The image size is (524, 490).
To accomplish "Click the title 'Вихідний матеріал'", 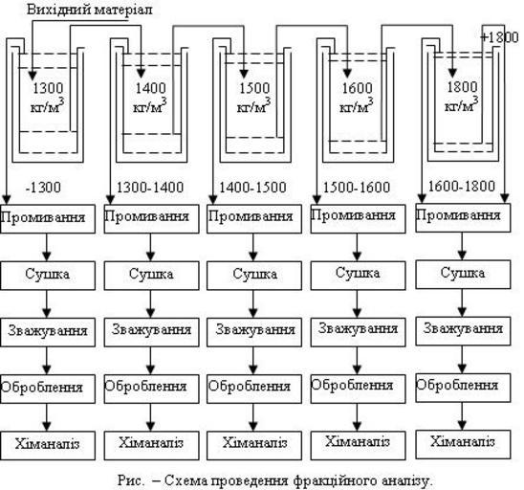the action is [x=89, y=10].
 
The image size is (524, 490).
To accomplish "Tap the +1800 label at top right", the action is [x=499, y=37].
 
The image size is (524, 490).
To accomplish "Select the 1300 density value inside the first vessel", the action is [x=48, y=88].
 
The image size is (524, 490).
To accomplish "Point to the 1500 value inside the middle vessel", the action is [x=254, y=88].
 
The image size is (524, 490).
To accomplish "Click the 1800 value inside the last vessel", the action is [x=462, y=87].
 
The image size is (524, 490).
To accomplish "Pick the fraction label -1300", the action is [x=43, y=187].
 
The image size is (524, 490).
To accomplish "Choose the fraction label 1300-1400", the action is [x=150, y=187].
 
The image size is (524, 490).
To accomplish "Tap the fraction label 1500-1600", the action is [x=357, y=187].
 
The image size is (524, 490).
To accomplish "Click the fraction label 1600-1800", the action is [x=462, y=186].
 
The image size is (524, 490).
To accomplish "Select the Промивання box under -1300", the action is [x=48, y=219].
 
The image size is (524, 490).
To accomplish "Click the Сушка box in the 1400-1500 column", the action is [x=254, y=276].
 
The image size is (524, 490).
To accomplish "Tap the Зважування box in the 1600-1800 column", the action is [x=463, y=331].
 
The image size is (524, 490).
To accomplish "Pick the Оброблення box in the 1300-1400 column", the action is [x=151, y=389].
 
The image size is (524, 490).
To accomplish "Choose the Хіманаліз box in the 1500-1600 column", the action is [x=358, y=444].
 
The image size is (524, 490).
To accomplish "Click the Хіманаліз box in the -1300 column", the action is [x=48, y=446].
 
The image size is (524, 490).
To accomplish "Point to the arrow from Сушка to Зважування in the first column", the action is [x=47, y=303].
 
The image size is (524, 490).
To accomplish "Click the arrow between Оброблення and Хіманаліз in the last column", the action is [x=462, y=416].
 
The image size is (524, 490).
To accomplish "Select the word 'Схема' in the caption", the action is [x=186, y=481].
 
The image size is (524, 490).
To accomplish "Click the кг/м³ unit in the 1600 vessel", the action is [x=357, y=105].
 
